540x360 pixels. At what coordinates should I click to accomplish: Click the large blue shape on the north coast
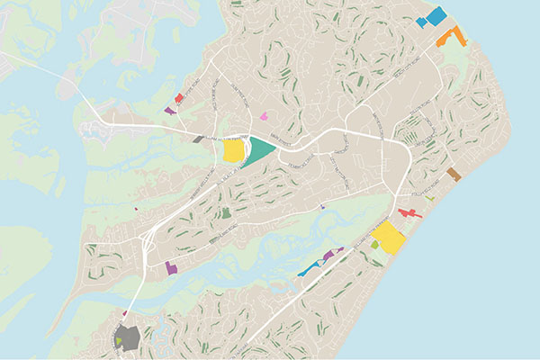(x=436, y=15)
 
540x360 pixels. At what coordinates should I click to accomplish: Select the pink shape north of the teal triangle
(x=264, y=116)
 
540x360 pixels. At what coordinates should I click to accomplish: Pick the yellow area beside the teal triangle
(x=233, y=150)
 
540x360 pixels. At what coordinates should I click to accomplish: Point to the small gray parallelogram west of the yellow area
(x=198, y=139)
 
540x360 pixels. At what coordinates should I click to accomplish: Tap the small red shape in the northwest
(x=179, y=97)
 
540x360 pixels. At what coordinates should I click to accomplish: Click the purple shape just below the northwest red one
(x=170, y=111)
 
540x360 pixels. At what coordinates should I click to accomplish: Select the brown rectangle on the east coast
(x=454, y=174)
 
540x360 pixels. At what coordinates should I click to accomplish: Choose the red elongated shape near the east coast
(x=409, y=213)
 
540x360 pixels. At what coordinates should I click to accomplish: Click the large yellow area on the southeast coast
(x=389, y=238)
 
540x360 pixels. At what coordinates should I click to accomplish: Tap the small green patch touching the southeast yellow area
(x=375, y=245)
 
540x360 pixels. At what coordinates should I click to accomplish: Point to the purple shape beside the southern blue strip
(x=328, y=256)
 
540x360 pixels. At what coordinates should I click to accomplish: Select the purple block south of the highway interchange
(x=171, y=267)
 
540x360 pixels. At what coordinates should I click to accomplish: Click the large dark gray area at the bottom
(x=128, y=339)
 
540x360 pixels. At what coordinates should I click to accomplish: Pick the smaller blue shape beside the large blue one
(x=420, y=22)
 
